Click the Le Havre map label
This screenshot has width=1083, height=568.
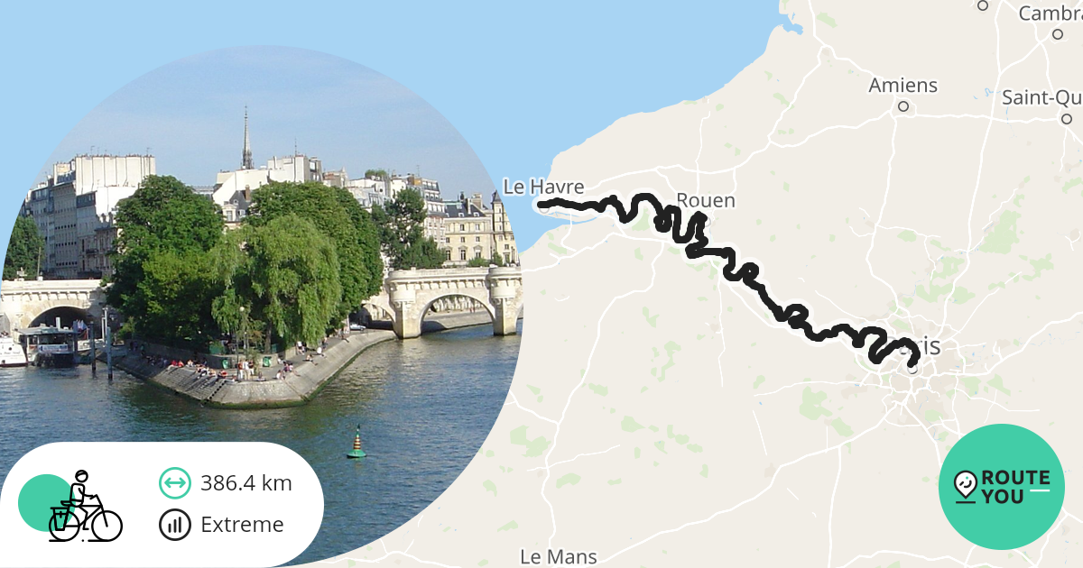(543, 187)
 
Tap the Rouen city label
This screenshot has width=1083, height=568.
(706, 200)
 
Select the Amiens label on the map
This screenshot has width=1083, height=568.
(902, 86)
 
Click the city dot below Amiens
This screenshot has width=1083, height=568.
(902, 106)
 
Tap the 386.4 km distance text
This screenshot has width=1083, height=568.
(246, 483)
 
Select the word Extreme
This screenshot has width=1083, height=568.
(242, 525)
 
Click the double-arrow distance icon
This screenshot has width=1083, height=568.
(175, 483)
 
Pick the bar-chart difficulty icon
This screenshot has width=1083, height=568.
(175, 525)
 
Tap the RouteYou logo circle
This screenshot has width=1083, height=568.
(1002, 487)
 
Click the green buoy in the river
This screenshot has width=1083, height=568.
(356, 444)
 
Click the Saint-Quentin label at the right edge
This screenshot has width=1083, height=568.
(1041, 97)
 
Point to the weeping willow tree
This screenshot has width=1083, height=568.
(280, 270)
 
